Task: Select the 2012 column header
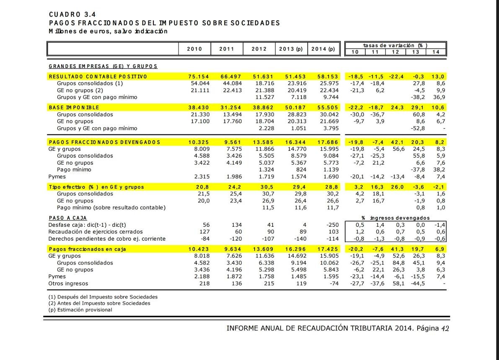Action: (x=259, y=49)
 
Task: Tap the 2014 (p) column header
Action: (x=323, y=49)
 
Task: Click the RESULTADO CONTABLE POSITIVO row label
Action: (x=98, y=77)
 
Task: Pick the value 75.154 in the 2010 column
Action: (x=199, y=77)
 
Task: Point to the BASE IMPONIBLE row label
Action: (x=74, y=108)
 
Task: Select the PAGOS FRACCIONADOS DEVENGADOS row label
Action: (x=105, y=142)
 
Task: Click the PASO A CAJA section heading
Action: (x=68, y=218)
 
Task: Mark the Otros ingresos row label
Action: (x=66, y=284)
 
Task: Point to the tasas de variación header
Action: (x=396, y=45)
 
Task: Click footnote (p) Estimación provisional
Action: (x=80, y=310)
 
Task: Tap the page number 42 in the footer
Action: (x=445, y=329)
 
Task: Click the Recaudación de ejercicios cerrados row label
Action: (x=96, y=232)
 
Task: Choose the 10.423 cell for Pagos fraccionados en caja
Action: (x=199, y=249)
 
